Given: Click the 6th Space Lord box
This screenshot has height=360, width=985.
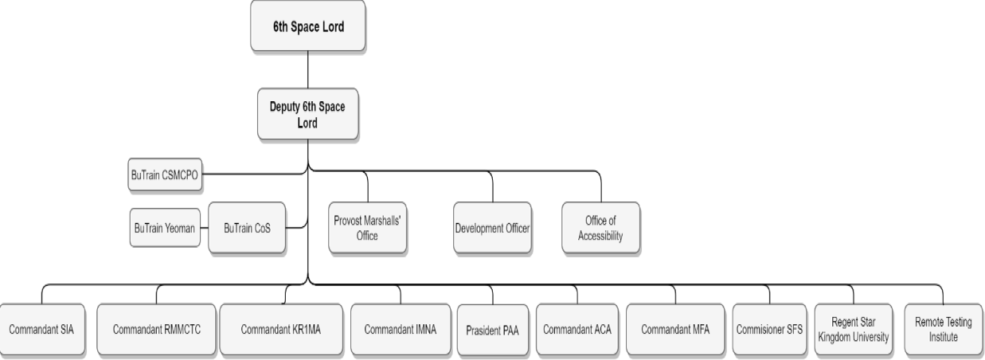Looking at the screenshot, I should point(307,25).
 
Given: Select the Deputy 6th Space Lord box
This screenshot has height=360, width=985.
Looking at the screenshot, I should point(307,114).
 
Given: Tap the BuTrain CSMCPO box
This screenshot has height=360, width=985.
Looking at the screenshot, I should point(164,174).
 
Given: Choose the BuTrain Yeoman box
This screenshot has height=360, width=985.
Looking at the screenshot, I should point(164,229).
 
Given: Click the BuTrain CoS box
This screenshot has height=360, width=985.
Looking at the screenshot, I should point(247,229).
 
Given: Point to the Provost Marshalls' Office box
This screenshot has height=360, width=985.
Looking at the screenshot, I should point(366,228).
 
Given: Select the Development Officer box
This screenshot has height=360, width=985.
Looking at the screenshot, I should point(492,229).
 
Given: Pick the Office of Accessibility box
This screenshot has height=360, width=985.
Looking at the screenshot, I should point(600,228).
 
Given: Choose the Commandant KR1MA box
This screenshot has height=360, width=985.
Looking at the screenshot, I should point(280,329).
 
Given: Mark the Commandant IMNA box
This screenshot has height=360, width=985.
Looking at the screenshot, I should point(400,329).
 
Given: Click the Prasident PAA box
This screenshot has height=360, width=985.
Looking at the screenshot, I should point(492,330).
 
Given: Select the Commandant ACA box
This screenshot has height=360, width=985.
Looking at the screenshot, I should point(577,329).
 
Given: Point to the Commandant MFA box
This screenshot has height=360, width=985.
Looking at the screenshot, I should point(674,329).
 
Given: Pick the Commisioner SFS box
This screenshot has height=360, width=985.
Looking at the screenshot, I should point(769,329).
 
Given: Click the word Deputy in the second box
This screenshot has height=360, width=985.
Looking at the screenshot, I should point(285,108).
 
